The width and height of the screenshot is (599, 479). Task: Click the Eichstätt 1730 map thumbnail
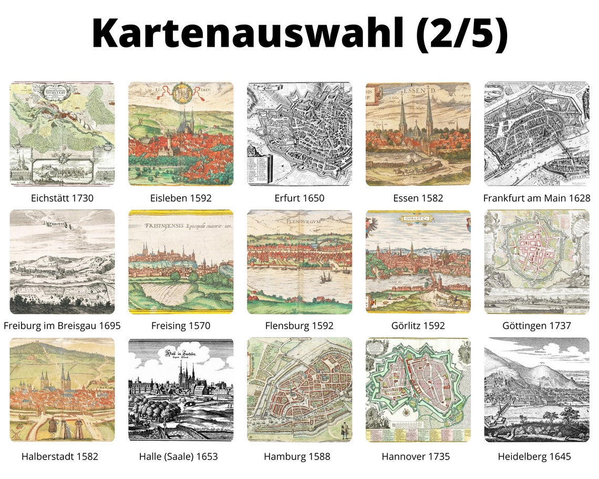[62, 133]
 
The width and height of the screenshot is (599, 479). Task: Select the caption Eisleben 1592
[181, 198]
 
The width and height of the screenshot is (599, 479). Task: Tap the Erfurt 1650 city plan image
[299, 133]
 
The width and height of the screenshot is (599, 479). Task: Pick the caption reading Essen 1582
[418, 198]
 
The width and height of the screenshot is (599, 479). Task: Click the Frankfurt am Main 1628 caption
[536, 198]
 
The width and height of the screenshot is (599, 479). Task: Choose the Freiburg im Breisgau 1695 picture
[62, 262]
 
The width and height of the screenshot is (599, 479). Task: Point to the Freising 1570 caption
[181, 326]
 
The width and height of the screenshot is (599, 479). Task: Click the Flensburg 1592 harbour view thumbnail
[299, 262]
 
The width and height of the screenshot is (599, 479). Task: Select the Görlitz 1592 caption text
[418, 326]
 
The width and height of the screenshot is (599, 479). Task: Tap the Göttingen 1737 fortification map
[536, 262]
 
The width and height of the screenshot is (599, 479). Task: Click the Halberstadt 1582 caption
[60, 456]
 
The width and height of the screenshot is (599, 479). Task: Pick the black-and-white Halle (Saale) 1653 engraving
[181, 390]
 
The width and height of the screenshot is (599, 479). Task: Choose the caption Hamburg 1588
[297, 456]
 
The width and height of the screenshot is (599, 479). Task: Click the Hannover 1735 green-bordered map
[418, 390]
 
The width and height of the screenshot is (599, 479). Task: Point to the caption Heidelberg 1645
[534, 456]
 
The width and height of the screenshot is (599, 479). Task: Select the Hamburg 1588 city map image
[299, 390]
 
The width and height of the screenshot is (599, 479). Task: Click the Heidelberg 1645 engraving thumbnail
[536, 390]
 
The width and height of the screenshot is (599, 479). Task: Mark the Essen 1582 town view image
[418, 133]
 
